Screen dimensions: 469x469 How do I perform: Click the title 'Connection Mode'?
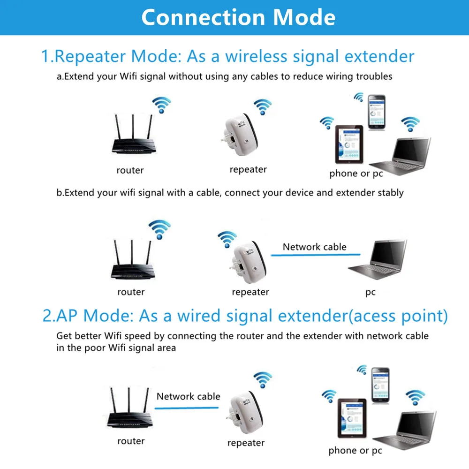[238, 17]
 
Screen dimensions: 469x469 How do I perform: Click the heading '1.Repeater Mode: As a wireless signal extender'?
[228, 56]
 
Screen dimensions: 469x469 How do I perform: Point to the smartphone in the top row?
[376, 113]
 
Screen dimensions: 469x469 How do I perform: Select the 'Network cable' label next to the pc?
[314, 247]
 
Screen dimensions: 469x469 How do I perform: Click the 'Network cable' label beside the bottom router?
[188, 396]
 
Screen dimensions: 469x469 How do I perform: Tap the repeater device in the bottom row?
[243, 413]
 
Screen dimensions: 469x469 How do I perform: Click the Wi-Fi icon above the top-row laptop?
[410, 124]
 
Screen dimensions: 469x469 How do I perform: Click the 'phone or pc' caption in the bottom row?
[355, 451]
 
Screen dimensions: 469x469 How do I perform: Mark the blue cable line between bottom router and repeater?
[187, 408]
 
